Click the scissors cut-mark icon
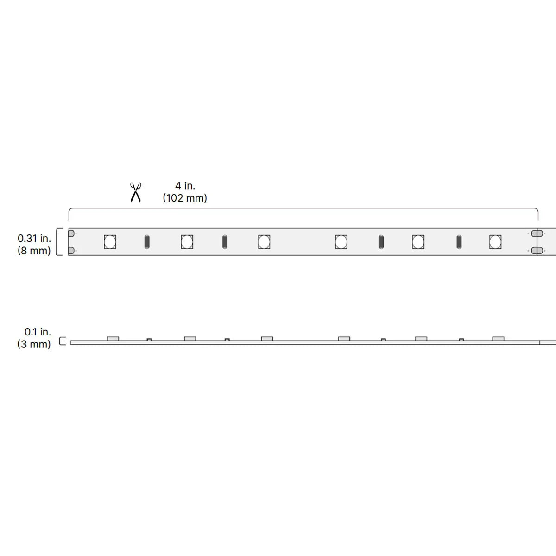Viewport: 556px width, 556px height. [136, 192]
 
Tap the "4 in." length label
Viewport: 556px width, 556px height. [185, 185]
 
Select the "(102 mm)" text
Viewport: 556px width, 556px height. [185, 198]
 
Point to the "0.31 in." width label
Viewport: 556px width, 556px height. [34, 238]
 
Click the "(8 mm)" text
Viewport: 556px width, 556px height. [34, 251]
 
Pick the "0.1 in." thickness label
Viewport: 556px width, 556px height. [38, 332]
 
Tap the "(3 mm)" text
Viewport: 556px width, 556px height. [34, 344]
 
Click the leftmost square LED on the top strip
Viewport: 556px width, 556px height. [110, 242]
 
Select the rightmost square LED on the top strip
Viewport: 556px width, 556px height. [495, 242]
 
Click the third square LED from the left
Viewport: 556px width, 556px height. [264, 242]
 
